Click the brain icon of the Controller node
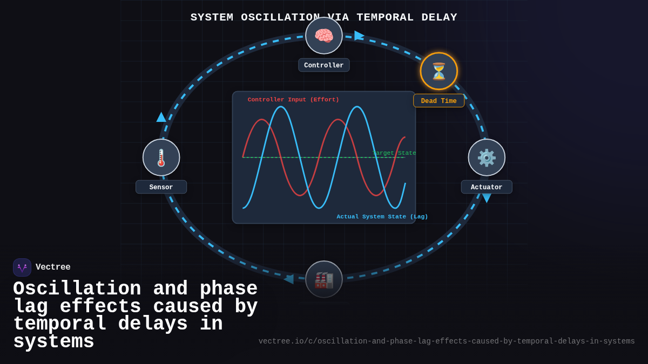pyautogui.click(x=324, y=36)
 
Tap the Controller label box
pyautogui.click(x=324, y=65)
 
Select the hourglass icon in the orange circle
pyautogui.click(x=438, y=71)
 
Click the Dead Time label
pyautogui.click(x=438, y=101)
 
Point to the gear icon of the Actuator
pyautogui.click(x=487, y=157)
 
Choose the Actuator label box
pyautogui.click(x=487, y=187)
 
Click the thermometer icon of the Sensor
pyautogui.click(x=161, y=157)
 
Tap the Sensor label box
pyautogui.click(x=161, y=187)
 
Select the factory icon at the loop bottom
pyautogui.click(x=324, y=279)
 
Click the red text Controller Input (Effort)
pyautogui.click(x=293, y=100)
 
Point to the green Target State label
pyautogui.click(x=395, y=153)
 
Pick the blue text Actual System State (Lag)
pyautogui.click(x=382, y=217)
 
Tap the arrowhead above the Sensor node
pyautogui.click(x=161, y=117)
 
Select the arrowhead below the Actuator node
pyautogui.click(x=487, y=198)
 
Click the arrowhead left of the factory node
pyautogui.click(x=289, y=279)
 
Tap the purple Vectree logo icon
pyautogui.click(x=22, y=267)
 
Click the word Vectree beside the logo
pyautogui.click(x=53, y=267)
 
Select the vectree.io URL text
pyautogui.click(x=447, y=341)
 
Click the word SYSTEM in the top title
pyautogui.click(x=212, y=17)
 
